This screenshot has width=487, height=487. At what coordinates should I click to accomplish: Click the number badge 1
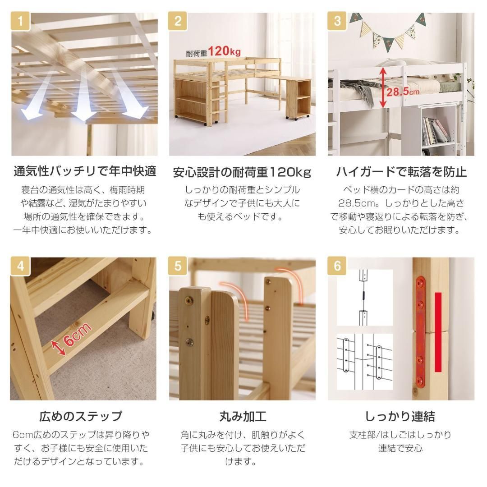tap(20, 21)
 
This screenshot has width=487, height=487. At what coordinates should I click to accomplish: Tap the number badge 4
tap(20, 266)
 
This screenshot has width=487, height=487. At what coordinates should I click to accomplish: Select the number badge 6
tap(337, 266)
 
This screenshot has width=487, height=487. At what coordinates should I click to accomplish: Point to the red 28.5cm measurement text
tap(403, 92)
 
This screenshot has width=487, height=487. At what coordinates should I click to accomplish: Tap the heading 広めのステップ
tap(81, 416)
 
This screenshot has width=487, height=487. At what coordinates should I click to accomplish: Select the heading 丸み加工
tap(243, 416)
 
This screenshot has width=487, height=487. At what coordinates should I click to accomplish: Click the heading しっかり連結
tap(400, 416)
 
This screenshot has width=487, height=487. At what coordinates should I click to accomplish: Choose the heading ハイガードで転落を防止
tap(401, 172)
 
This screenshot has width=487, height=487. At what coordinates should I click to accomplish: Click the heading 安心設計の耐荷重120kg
tap(242, 172)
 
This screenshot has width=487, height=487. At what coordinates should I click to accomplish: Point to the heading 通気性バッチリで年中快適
tap(84, 172)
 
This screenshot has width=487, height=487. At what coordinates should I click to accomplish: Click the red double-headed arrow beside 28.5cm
tap(383, 87)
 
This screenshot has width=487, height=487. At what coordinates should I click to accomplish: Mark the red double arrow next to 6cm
tap(57, 348)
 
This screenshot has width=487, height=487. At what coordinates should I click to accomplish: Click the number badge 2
tap(178, 21)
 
